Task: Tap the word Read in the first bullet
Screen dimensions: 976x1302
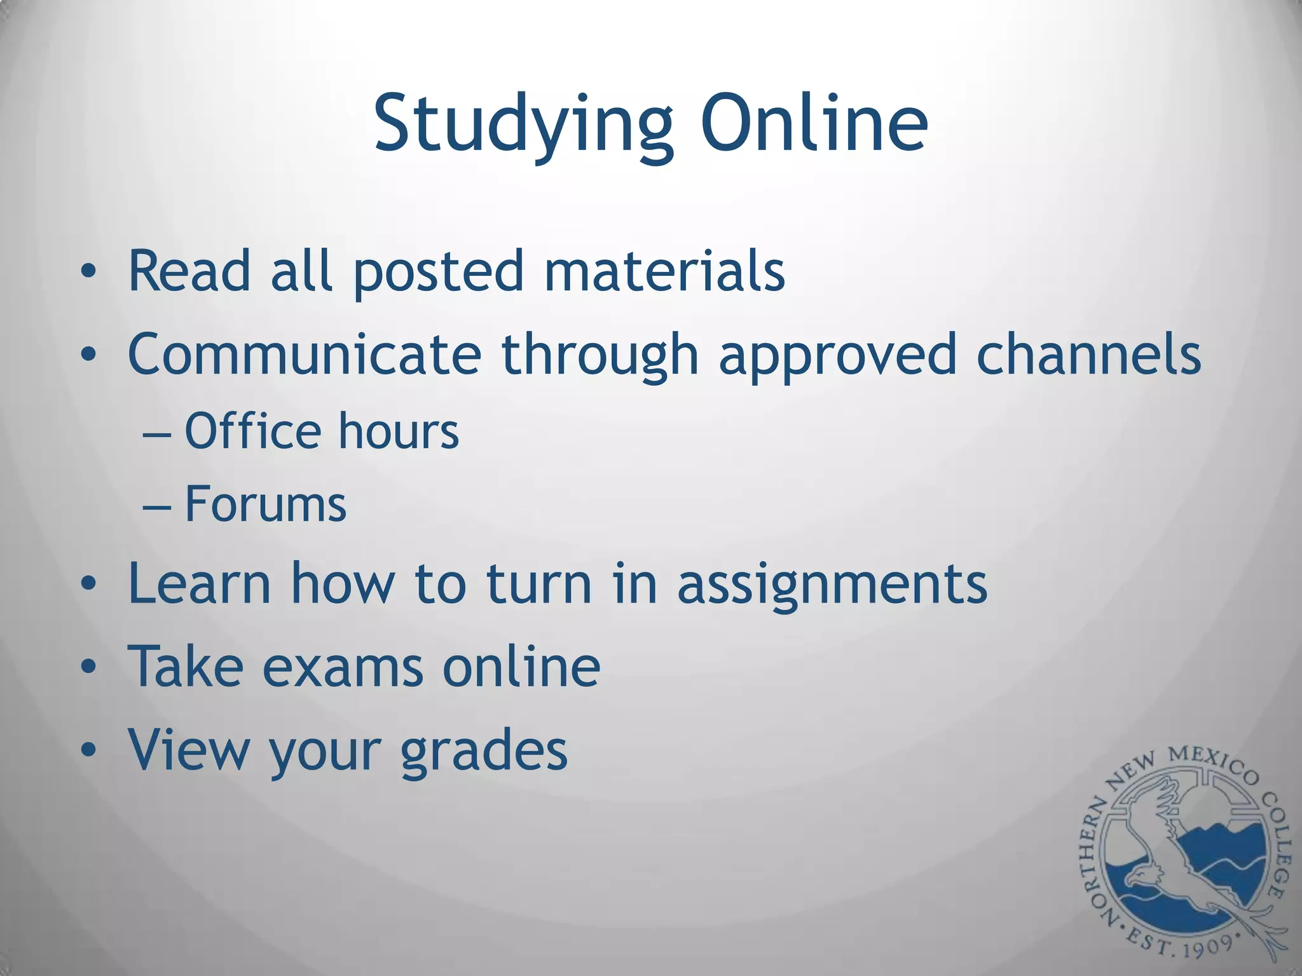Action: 189,271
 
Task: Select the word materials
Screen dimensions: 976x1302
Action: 664,271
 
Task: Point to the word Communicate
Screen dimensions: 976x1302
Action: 304,354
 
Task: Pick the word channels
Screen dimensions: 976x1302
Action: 1088,354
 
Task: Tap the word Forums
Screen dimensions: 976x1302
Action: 265,505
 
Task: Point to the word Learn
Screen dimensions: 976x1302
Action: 199,583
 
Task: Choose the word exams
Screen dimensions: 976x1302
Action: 343,667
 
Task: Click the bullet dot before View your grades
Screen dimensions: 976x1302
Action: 88,750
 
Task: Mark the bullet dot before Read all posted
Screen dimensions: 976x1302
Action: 88,272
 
